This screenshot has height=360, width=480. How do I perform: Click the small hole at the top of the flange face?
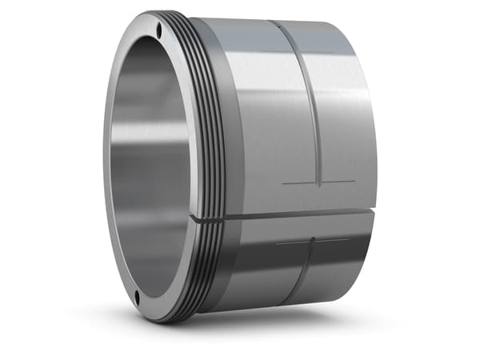(160, 30)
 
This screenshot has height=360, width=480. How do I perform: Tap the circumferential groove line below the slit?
(300, 272)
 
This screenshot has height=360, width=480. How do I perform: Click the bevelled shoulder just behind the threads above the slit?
(224, 120)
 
